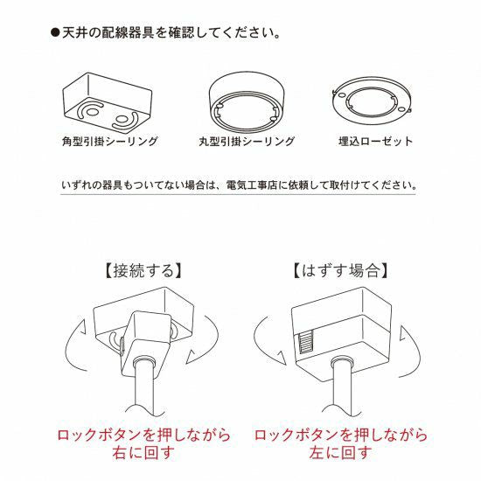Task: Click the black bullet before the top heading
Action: click(x=55, y=33)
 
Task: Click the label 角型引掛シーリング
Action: click(x=109, y=142)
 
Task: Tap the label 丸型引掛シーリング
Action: click(x=247, y=142)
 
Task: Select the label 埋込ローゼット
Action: click(x=375, y=142)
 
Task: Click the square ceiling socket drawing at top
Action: click(x=107, y=103)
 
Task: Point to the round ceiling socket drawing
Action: click(x=247, y=101)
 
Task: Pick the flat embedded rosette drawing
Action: click(x=372, y=101)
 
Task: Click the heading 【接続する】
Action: click(x=143, y=270)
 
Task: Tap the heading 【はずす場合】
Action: click(x=340, y=270)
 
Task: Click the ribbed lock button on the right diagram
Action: click(x=306, y=341)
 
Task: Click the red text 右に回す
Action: click(x=143, y=453)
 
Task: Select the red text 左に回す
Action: click(x=340, y=453)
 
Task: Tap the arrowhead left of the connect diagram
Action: click(x=82, y=327)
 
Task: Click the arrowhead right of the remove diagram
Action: click(x=403, y=333)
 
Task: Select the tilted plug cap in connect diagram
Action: click(x=145, y=345)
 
